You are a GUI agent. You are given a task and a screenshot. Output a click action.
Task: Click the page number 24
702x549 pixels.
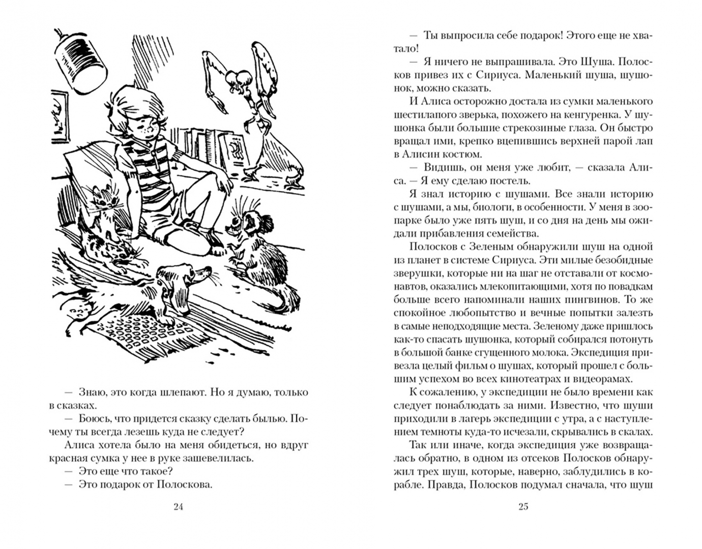[178, 506]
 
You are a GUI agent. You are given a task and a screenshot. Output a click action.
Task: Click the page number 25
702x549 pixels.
[523, 506]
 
